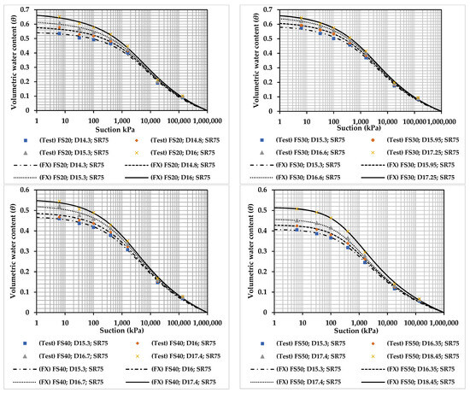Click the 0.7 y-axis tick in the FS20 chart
25,7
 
